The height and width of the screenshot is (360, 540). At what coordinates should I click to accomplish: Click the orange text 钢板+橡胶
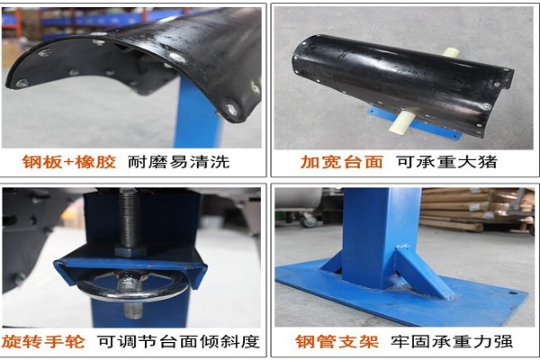[69, 162]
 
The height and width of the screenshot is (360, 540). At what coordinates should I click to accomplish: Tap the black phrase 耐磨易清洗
[179, 162]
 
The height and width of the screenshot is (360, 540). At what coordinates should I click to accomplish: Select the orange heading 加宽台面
[342, 162]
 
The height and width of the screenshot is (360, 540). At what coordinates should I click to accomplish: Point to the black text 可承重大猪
[446, 162]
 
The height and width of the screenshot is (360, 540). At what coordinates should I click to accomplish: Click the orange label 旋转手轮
[43, 342]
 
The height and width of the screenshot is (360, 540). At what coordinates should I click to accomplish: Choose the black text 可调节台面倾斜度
[178, 342]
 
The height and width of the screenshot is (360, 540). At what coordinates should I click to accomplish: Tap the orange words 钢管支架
[337, 342]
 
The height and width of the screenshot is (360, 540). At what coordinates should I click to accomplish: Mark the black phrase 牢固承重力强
[452, 342]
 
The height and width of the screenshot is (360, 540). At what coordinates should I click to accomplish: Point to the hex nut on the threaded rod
[130, 250]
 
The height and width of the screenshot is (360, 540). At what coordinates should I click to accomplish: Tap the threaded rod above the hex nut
[130, 217]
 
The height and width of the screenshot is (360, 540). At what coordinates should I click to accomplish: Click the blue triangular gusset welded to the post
[425, 272]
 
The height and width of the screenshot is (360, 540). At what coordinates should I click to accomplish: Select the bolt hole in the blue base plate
[513, 293]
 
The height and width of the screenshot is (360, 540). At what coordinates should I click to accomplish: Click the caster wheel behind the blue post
[308, 220]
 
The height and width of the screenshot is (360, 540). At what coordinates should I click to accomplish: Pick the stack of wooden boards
[477, 209]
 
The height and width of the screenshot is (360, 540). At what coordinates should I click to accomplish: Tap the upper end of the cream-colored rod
[452, 52]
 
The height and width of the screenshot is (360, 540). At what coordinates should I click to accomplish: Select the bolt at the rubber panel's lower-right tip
[231, 110]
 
